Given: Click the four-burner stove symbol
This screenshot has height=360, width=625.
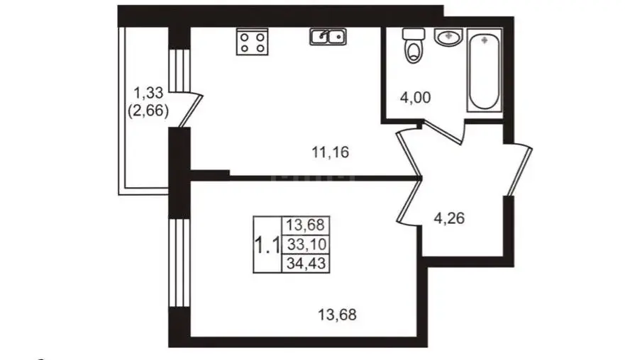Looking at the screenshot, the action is coord(253,42).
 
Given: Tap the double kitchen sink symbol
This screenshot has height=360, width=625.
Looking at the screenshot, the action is coord(328,37).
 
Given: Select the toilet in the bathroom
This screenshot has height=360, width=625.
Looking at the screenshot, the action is coord(414,46).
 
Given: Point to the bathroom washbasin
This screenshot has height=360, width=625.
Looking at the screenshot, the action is coord(448,37).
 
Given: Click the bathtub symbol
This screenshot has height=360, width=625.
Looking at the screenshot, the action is coord(485,70).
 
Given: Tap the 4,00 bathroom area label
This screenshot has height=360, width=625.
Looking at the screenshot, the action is coord(415,98).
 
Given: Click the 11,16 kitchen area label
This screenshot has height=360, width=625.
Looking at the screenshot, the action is coord(331,152).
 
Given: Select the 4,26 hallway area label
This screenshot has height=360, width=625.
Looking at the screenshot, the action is coord(449,218).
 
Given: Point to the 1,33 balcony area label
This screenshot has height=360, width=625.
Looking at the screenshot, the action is coord(148,93).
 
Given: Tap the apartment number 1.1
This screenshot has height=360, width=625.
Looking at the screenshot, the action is coord(267,244).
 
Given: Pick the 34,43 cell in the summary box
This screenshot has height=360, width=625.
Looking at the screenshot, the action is coord(306,263).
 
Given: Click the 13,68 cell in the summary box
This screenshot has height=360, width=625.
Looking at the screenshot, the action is coord(306,225).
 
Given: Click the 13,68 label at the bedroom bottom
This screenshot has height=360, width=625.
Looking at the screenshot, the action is coord(337,315).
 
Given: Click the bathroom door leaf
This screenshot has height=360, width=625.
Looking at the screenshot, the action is coord(443,134).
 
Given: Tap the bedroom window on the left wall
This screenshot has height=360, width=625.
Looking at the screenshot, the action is coord(179,262).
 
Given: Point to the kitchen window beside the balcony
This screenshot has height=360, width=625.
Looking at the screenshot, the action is coord(179,71).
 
